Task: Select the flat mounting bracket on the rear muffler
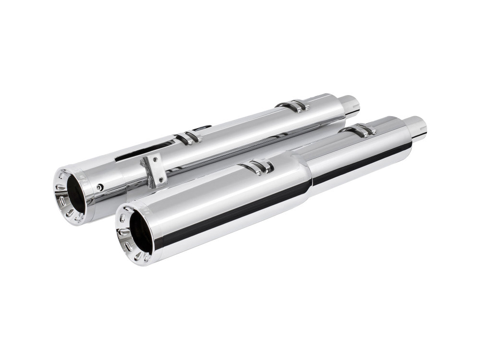point(155,168)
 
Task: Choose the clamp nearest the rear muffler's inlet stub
point(293,106)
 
